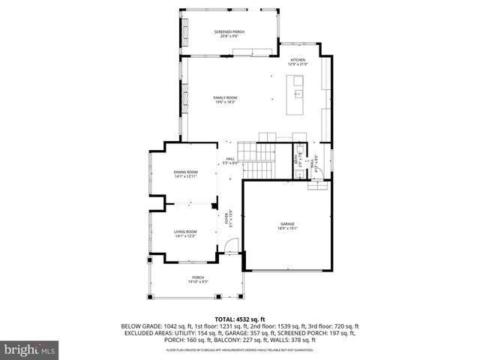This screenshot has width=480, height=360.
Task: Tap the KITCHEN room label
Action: point(298,61)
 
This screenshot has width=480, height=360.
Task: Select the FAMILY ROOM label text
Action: point(226,97)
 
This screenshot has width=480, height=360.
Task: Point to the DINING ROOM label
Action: point(186,172)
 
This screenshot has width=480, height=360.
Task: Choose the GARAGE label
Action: point(288,223)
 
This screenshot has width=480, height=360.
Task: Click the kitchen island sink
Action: point(298,94)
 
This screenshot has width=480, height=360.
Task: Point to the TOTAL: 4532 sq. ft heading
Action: point(240,319)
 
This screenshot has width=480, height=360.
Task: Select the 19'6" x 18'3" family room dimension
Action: point(226,102)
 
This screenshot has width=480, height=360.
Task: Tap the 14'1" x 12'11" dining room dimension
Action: point(186,176)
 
